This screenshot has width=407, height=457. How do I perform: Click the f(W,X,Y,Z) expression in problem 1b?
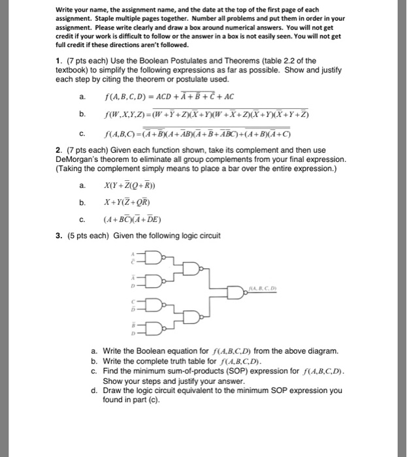coord(206,115)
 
